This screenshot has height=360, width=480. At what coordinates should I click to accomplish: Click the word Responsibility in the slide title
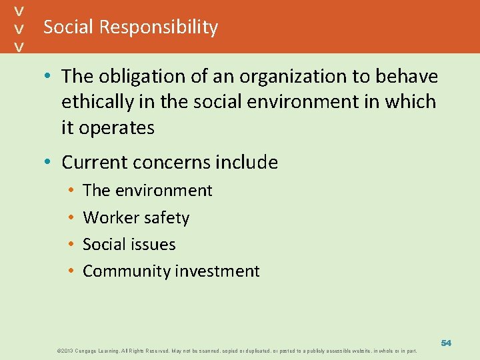[x=159, y=27]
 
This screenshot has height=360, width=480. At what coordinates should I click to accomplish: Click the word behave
[x=407, y=77]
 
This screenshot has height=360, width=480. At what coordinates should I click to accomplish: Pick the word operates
[x=117, y=127]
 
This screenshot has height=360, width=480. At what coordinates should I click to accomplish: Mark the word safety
[x=165, y=217]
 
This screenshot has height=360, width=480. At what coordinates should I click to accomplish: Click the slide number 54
[x=446, y=342]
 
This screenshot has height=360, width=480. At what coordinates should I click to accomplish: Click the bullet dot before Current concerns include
[x=51, y=163]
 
